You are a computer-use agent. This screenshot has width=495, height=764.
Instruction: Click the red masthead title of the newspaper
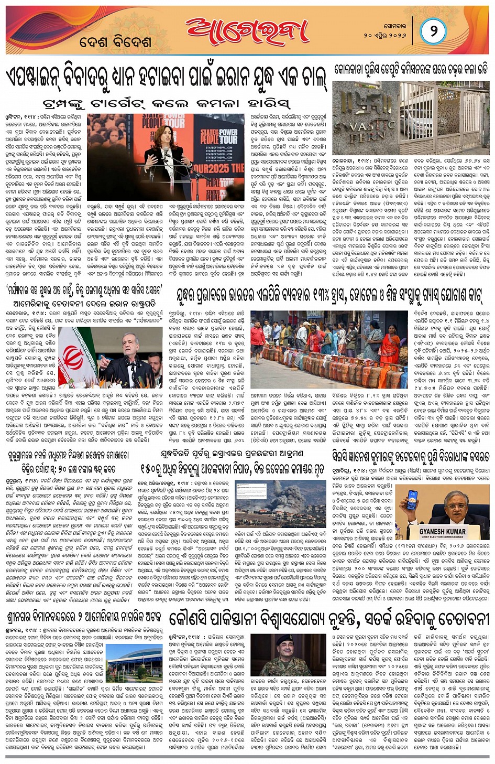(x=247, y=31)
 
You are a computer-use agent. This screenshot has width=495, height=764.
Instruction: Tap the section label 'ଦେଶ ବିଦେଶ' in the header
(x=115, y=42)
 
